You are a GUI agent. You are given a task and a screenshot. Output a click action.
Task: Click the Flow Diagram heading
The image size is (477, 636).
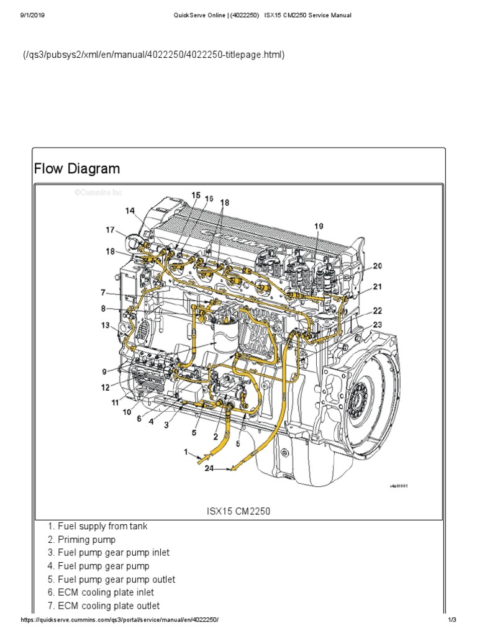(76, 169)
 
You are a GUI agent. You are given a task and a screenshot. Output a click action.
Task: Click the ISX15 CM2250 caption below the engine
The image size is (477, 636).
(238, 512)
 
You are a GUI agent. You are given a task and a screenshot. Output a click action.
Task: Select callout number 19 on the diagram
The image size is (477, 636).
(319, 227)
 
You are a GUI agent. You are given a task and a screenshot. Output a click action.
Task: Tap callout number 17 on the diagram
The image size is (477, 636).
(110, 230)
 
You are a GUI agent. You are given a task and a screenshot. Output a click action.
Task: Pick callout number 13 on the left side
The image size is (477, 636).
(106, 325)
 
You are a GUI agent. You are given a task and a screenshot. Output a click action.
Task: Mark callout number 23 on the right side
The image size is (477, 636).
(378, 324)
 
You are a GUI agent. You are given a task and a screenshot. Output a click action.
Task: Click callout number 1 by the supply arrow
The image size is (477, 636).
(184, 453)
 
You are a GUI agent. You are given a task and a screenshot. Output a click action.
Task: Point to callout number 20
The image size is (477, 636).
(378, 266)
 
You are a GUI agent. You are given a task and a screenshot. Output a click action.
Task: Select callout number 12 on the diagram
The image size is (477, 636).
(106, 388)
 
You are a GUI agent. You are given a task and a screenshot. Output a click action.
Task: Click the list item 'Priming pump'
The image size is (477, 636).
(86, 540)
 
